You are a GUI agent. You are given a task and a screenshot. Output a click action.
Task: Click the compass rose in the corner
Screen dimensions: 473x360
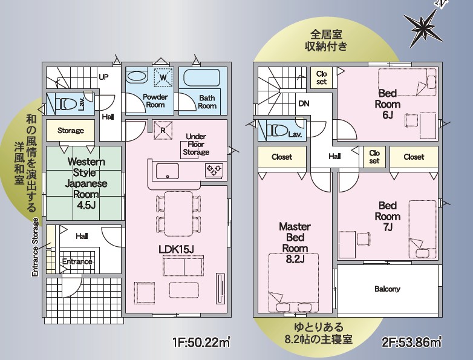(423, 27)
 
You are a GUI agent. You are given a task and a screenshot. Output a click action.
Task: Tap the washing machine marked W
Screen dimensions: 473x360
(163, 77)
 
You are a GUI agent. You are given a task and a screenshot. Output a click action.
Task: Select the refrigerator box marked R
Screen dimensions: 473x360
(163, 130)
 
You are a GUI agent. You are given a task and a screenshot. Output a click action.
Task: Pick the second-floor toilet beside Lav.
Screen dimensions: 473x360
(277, 130)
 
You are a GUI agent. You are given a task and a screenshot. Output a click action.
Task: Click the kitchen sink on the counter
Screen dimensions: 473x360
(167, 171)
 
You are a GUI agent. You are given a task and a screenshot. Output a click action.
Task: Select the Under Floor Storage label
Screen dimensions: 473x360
(197, 144)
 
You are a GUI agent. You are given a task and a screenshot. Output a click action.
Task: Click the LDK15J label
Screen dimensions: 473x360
(176, 249)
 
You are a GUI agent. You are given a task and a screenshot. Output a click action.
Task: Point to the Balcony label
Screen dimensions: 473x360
(387, 289)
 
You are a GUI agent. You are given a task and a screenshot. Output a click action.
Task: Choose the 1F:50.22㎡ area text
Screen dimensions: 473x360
(201, 342)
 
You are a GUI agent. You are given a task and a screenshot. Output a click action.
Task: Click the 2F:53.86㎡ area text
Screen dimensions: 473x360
(412, 342)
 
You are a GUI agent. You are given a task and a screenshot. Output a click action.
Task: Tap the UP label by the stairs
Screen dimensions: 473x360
(103, 77)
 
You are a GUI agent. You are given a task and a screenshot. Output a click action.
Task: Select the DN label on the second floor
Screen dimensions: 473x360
(304, 103)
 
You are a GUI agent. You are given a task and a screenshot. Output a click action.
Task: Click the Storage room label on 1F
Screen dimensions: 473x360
(71, 130)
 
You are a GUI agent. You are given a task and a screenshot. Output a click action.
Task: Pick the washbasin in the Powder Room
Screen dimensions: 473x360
(136, 77)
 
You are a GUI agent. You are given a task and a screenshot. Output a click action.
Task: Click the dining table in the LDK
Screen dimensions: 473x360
(178, 214)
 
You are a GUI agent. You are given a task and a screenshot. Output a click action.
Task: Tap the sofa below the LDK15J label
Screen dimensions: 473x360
(183, 266)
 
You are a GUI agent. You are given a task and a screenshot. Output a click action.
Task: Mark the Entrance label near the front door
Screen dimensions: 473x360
(77, 261)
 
